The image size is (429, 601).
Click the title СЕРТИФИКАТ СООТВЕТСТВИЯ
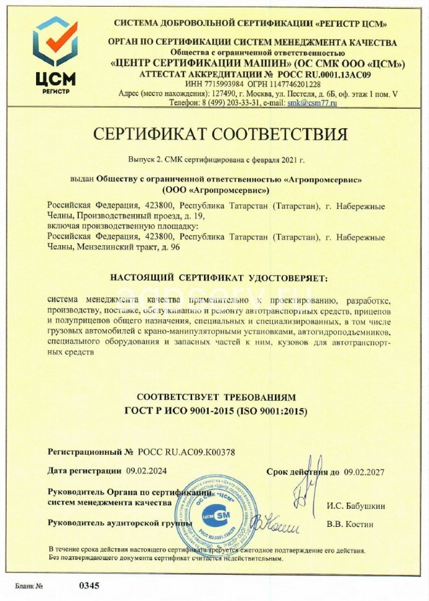coord(220,134)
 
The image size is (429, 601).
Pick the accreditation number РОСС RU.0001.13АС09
coord(322,74)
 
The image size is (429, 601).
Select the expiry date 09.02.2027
coord(365,472)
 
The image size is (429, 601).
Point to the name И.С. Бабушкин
coord(356,506)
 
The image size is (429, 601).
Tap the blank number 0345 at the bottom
coord(89,586)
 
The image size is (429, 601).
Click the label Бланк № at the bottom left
coord(29,586)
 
